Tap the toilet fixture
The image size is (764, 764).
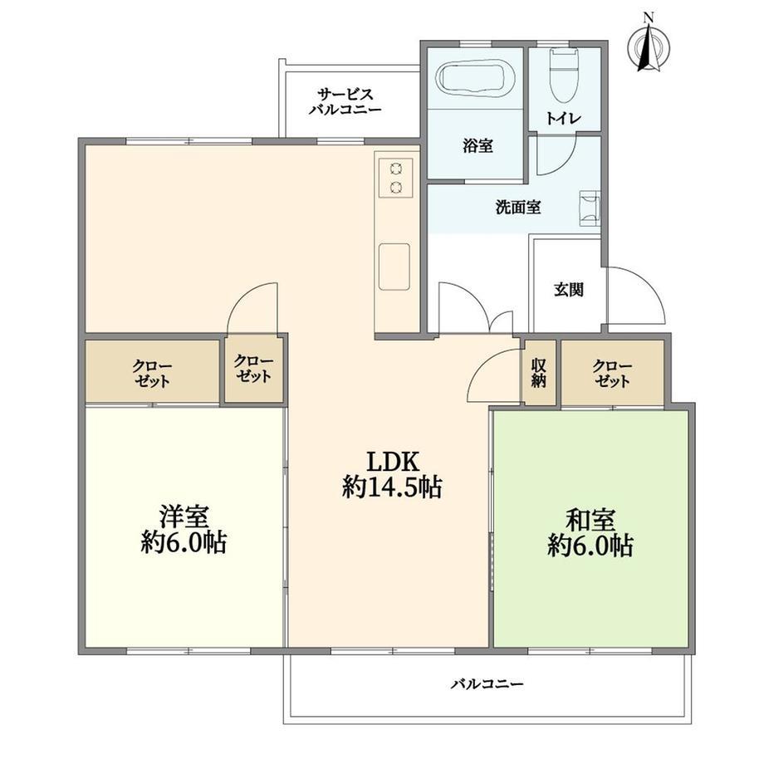point(564,76)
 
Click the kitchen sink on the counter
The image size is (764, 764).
point(394,267)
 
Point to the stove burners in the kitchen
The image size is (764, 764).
point(395,178)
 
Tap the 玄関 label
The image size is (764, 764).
point(569,291)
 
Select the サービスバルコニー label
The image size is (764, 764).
point(345,101)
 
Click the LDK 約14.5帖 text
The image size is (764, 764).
point(392,474)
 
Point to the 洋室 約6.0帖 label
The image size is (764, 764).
point(184,530)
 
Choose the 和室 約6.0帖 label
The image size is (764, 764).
point(590,533)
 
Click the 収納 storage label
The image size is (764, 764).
point(538,373)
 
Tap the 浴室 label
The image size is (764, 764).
point(477,145)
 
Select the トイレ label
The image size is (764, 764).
point(563,119)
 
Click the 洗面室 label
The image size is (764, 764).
point(518,208)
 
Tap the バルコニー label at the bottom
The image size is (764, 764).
point(487,684)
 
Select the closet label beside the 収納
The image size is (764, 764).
point(613,373)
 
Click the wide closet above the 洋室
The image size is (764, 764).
point(152,372)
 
